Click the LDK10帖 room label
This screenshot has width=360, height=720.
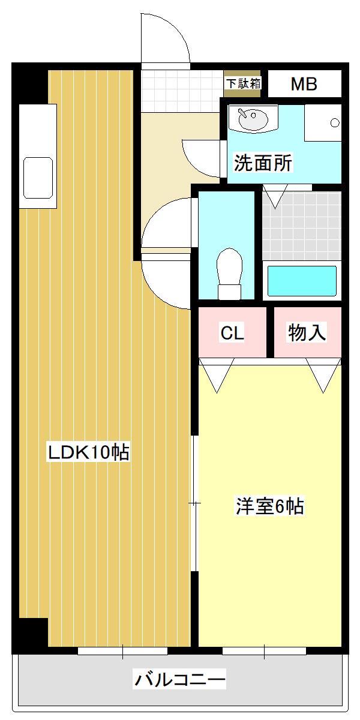click(x=88, y=452)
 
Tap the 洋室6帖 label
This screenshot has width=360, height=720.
click(x=269, y=506)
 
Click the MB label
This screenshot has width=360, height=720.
click(x=304, y=84)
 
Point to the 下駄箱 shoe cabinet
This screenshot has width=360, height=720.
click(x=242, y=83)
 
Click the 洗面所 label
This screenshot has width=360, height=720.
click(x=263, y=163)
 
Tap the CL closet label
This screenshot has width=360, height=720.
click(x=232, y=332)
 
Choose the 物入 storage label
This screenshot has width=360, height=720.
click(x=307, y=332)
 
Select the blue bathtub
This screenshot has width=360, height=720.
click(x=302, y=281)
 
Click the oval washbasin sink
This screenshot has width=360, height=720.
click(x=253, y=119)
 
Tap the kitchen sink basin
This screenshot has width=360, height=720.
click(x=38, y=178)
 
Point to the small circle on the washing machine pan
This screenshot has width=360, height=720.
click(x=335, y=122)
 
